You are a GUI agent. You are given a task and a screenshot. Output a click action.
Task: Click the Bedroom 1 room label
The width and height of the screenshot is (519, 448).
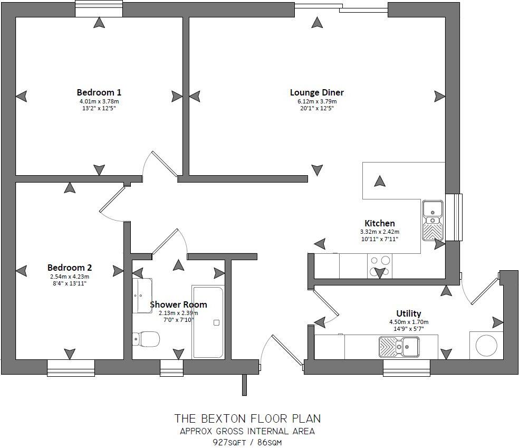tap(99, 92)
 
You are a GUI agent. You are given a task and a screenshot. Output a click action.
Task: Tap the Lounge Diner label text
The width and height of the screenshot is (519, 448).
tap(316, 92)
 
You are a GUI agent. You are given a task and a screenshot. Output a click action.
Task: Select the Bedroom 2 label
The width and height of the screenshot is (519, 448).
tap(70, 268)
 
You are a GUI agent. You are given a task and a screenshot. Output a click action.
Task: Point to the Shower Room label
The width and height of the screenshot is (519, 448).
tap(178, 304)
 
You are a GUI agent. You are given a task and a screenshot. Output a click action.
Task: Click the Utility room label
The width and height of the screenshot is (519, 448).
tap(409, 313)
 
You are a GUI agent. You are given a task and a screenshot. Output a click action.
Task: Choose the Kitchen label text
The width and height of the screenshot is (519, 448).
tap(379, 223)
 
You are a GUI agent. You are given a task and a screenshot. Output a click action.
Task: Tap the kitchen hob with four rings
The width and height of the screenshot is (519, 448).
tap(380, 265)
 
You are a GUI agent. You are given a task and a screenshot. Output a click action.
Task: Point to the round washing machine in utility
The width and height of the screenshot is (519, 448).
tap(486, 346)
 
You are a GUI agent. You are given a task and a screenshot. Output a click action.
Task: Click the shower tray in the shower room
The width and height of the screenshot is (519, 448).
tap(208, 322)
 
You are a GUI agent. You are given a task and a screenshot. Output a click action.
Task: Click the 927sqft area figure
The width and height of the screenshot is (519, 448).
tap(228, 442)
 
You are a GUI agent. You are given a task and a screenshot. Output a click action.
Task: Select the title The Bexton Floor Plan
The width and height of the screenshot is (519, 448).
tap(247, 419)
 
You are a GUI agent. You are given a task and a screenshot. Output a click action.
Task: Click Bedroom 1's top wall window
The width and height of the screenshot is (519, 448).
tap(99, 9)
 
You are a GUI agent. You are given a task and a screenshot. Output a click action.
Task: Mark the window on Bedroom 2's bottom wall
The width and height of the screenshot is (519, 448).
tap(71, 367)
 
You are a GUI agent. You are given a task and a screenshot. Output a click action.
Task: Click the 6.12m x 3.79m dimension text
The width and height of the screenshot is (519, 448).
tap(316, 101)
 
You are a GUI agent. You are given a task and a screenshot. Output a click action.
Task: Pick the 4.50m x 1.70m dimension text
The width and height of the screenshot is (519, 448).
tap(409, 322)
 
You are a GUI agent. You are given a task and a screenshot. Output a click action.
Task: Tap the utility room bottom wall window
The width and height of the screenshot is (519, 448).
tap(406, 367)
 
